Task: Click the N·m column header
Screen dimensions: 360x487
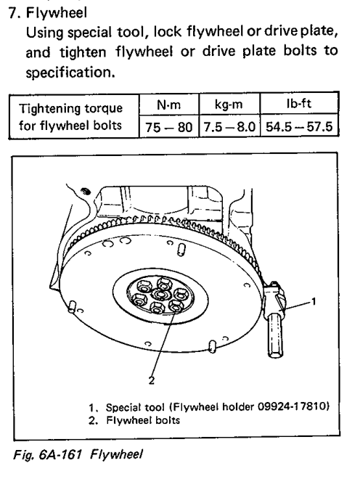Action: pyautogui.click(x=168, y=105)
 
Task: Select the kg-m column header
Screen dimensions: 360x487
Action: pyautogui.click(x=229, y=105)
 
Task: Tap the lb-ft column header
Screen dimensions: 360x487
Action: pyautogui.click(x=299, y=104)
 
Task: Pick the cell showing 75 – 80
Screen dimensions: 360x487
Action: pyautogui.click(x=168, y=127)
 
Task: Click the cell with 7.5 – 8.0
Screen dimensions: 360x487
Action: pyautogui.click(x=229, y=127)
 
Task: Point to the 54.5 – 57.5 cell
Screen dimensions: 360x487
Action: pyautogui.click(x=299, y=126)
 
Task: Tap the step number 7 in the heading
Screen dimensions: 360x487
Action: pyautogui.click(x=13, y=13)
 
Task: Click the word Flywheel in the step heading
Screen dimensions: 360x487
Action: pyautogui.click(x=56, y=13)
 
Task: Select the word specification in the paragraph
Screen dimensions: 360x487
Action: pyautogui.click(x=70, y=73)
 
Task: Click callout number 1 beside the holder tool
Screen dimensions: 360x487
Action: pyautogui.click(x=314, y=301)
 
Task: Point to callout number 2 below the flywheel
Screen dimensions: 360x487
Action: pyautogui.click(x=152, y=380)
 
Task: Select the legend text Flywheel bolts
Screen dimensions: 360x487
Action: pyautogui.click(x=143, y=420)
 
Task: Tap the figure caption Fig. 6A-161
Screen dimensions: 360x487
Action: pyautogui.click(x=47, y=454)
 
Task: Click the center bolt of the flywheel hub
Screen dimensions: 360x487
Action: pyautogui.click(x=160, y=294)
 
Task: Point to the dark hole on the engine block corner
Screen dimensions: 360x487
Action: pyautogui.click(x=86, y=192)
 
